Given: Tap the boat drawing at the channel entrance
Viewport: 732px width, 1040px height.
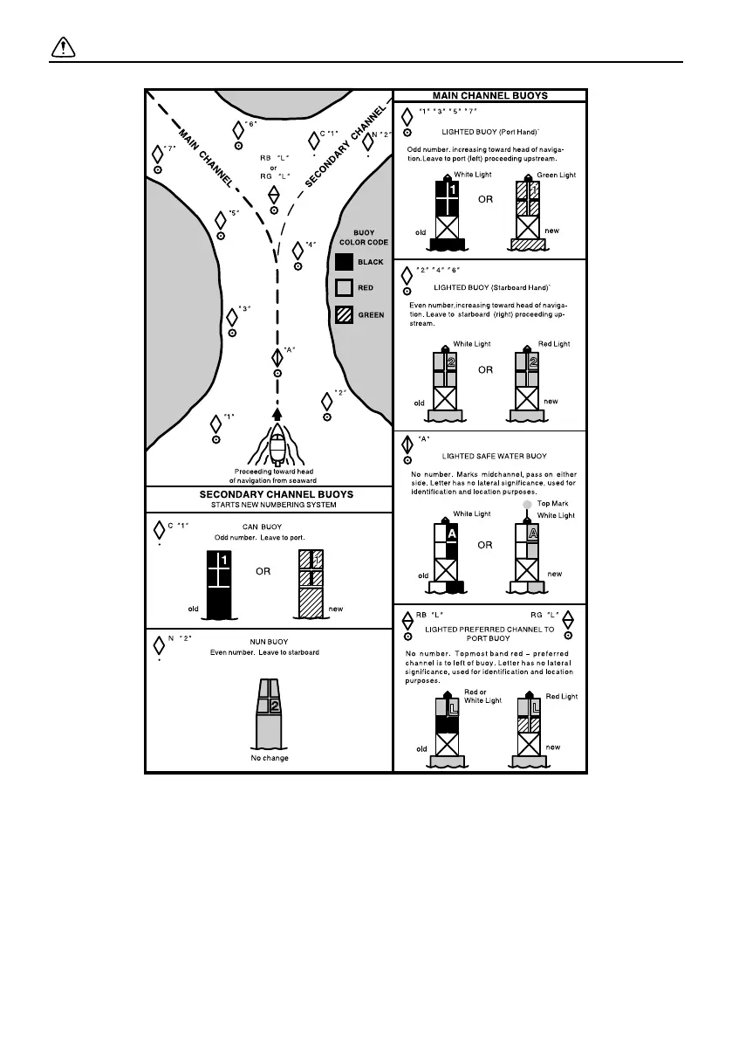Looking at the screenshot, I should click(x=277, y=448).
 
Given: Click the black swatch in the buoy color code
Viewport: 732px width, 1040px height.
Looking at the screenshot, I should click(x=344, y=262).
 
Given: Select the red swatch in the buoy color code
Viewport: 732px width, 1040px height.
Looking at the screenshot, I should click(x=344, y=288).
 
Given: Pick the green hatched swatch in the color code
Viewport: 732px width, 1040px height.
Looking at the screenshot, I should click(x=344, y=315).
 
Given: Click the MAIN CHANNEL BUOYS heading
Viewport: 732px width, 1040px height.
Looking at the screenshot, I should click(x=489, y=95).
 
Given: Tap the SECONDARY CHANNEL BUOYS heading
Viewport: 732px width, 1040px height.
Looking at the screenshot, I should click(x=270, y=494).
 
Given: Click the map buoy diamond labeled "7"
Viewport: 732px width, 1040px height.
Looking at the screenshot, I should click(x=158, y=153).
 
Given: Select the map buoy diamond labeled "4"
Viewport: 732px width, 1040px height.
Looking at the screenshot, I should click(x=298, y=250).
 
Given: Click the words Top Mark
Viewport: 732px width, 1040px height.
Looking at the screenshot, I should click(x=552, y=504).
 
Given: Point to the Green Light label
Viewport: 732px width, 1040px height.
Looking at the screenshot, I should click(x=557, y=176).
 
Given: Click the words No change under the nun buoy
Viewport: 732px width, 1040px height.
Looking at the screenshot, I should click(x=269, y=758).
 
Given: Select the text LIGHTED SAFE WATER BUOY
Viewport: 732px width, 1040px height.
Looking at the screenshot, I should click(x=495, y=456).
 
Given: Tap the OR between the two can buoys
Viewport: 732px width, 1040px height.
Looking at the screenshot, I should click(x=263, y=573).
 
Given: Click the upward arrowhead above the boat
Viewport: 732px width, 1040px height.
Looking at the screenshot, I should click(x=277, y=414).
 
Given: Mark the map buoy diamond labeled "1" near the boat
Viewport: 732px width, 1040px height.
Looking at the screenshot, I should click(x=215, y=424).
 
